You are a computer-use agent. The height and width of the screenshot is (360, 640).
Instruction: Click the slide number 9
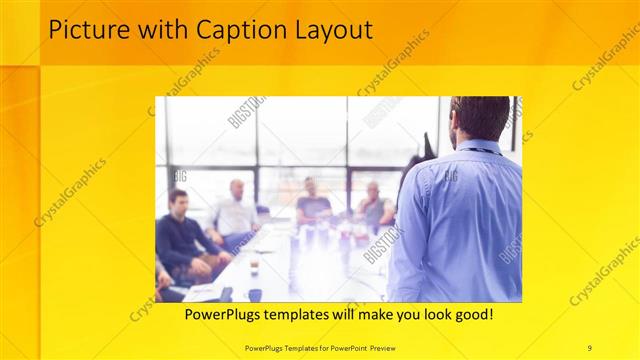click(590, 347)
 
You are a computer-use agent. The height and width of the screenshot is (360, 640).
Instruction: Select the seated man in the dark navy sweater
click(180, 235)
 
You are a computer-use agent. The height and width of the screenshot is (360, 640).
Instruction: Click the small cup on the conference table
click(254, 264)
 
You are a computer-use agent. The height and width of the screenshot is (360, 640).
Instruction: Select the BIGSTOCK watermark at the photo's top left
click(246, 111)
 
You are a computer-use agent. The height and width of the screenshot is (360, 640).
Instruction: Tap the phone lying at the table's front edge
click(226, 294)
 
